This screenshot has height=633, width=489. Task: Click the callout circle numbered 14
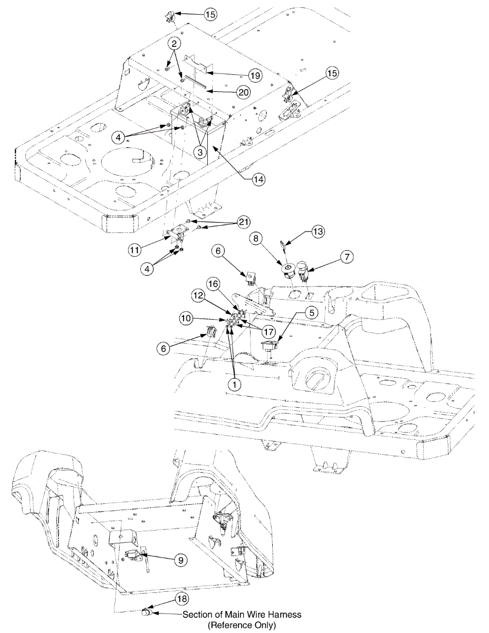click(x=258, y=179)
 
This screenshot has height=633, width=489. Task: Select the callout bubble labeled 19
click(x=255, y=75)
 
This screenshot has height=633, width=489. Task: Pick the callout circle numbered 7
click(x=347, y=257)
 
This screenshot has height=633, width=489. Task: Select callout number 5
click(x=312, y=312)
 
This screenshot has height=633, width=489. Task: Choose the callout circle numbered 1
click(x=235, y=385)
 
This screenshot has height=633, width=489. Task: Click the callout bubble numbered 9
click(x=181, y=560)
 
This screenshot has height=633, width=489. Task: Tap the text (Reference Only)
click(x=242, y=625)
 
